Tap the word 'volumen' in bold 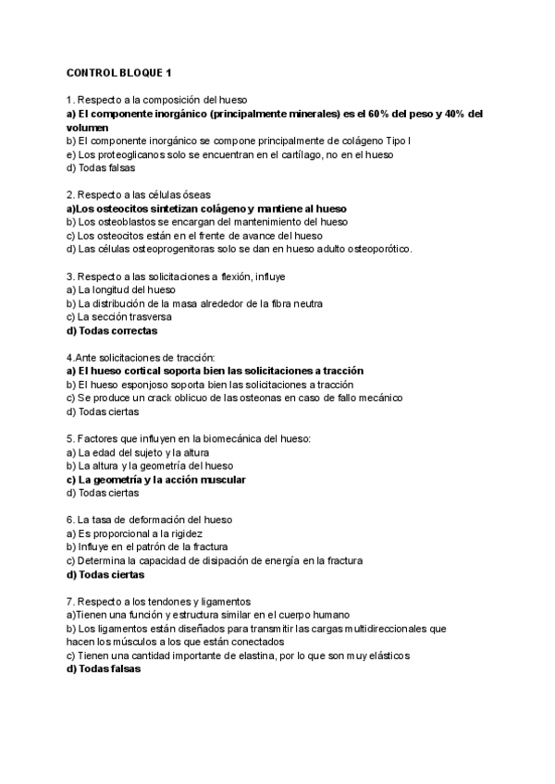click(88, 127)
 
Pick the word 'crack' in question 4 click(164, 398)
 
